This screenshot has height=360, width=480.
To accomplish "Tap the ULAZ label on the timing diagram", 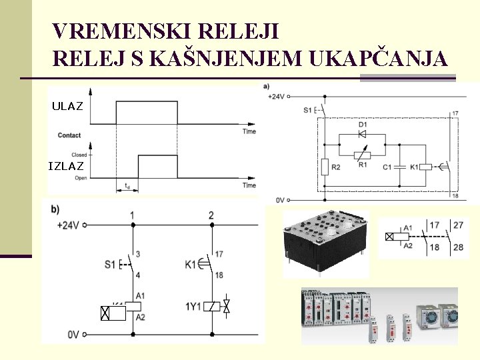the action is coord(67,106).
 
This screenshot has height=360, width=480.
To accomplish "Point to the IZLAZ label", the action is coord(66,166).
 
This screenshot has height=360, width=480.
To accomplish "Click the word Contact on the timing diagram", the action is coord(69,135).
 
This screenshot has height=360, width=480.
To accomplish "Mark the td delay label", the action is coord(127,187).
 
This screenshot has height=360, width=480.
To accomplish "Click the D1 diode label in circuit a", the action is coord(363,125).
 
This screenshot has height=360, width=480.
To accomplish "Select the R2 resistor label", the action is coord(335,167).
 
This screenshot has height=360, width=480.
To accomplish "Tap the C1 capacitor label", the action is coord(387,167).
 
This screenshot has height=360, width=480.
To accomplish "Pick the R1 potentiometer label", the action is coord(363,165).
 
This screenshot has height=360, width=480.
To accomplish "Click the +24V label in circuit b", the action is coord(69,225).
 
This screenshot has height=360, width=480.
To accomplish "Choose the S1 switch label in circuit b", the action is coord(110,264).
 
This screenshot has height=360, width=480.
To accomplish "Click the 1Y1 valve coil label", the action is coord(193,307).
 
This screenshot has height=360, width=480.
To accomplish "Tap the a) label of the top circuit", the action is coord(267,86).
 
